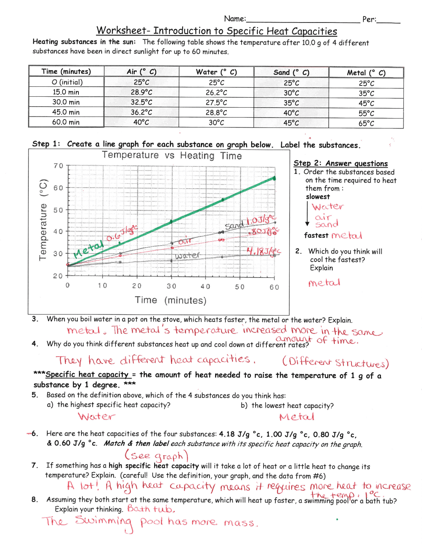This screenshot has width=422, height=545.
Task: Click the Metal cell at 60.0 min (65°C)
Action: pyautogui.click(x=366, y=123)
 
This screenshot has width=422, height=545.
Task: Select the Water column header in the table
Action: pyautogui.click(x=216, y=72)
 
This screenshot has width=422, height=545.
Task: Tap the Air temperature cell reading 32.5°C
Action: pyautogui.click(x=141, y=102)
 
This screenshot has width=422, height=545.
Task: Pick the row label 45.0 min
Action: pyautogui.click(x=66, y=112)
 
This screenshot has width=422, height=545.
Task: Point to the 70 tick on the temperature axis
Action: pyautogui.click(x=59, y=166)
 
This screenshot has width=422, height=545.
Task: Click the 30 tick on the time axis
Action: pyautogui.click(x=171, y=286)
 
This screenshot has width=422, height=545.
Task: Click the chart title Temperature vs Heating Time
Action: pyautogui.click(x=172, y=155)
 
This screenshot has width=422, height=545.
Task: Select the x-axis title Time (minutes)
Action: pyautogui.click(x=170, y=300)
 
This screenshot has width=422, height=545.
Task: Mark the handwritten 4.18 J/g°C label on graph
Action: pyautogui.click(x=263, y=252)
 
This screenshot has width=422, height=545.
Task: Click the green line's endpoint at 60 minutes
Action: pyautogui.click(x=274, y=178)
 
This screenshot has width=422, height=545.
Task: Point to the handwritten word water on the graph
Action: pyautogui.click(x=187, y=255)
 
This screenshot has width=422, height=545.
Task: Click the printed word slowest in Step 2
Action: pyautogui.click(x=318, y=197)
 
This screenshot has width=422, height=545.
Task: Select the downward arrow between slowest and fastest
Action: pyautogui.click(x=307, y=214)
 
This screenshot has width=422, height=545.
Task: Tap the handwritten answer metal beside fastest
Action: pyautogui.click(x=347, y=236)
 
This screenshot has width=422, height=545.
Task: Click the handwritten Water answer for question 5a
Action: pyautogui.click(x=97, y=416)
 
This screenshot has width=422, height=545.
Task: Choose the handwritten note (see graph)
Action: pyautogui.click(x=156, y=456)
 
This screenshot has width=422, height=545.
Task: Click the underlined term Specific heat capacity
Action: pyautogui.click(x=87, y=374)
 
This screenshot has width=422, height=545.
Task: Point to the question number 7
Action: pyautogui.click(x=35, y=465)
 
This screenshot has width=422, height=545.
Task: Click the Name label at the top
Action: pyautogui.click(x=235, y=19)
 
